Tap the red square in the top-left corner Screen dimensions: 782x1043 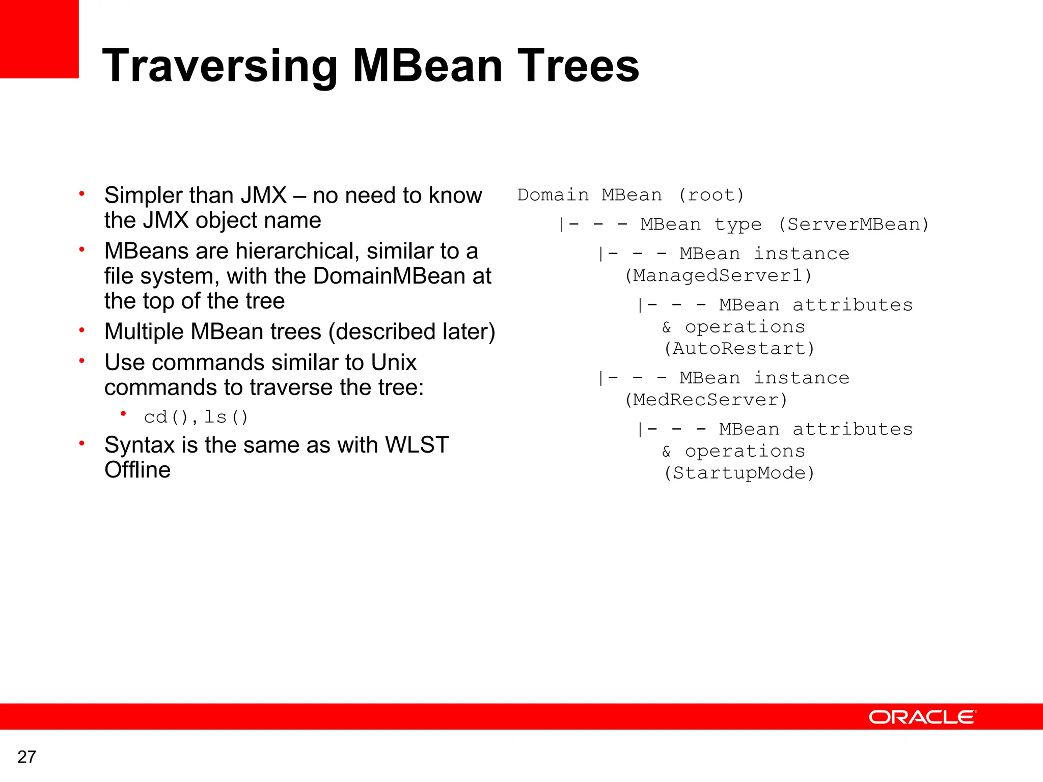tap(39, 39)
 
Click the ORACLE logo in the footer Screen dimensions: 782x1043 tap(922, 717)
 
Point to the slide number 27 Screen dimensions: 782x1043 tap(26, 757)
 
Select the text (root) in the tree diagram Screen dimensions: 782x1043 tap(711, 195)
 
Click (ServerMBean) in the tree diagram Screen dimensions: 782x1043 tap(854, 224)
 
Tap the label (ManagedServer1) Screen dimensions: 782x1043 tap(718, 275)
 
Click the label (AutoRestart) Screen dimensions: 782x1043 tap(739, 349)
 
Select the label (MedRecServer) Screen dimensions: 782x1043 tap(706, 400)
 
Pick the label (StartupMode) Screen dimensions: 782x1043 tap(739, 473)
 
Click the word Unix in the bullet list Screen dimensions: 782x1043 tap(393, 362)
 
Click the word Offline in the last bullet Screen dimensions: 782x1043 tap(138, 470)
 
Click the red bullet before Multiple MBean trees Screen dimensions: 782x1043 tap(81, 330)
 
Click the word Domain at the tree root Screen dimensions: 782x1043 tap(553, 195)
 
